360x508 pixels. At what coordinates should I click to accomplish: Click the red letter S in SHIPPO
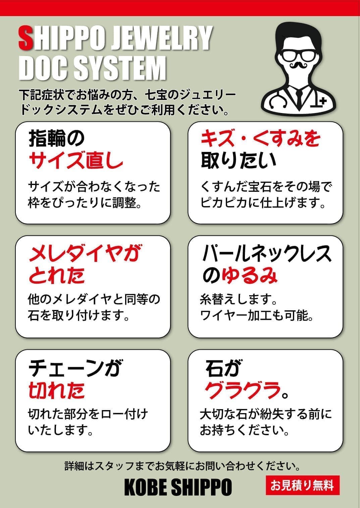click(x=25, y=38)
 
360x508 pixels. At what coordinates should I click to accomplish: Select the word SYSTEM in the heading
click(x=120, y=68)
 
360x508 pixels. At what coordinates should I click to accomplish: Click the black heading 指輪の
click(x=56, y=138)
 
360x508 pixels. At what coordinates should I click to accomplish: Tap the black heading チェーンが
click(x=74, y=368)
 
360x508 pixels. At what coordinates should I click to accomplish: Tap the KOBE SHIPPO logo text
click(x=178, y=487)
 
